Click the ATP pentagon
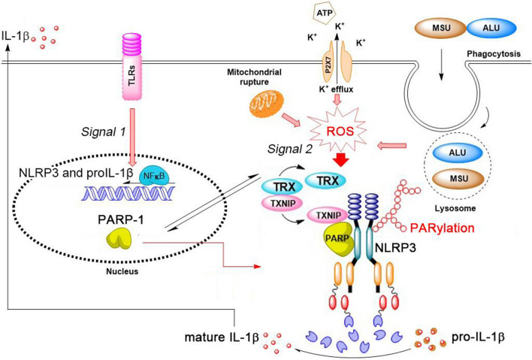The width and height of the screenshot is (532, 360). coord(324,14)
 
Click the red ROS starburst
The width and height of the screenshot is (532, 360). coord(340,132)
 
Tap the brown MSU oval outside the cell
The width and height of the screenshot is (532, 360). coord(441,28)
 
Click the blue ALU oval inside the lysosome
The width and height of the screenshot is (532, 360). coord(458,153)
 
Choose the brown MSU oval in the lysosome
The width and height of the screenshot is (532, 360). coord(458,178)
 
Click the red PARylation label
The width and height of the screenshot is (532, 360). coord(442,228)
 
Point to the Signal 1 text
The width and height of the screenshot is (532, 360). coord(103,132)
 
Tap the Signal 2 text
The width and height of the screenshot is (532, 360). coord(289,149)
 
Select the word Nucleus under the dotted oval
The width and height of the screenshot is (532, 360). coord(122,271)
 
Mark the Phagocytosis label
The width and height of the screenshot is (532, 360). coord(494,54)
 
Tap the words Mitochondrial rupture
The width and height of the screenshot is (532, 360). coord(254,77)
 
